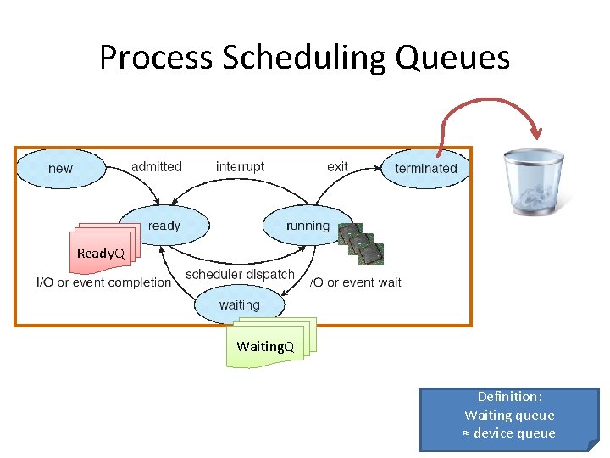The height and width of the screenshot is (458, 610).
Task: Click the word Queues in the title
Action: (x=457, y=58)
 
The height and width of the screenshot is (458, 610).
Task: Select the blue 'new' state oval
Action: (x=60, y=168)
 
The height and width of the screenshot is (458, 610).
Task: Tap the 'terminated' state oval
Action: (x=425, y=168)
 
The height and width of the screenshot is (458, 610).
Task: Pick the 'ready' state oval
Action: (x=164, y=226)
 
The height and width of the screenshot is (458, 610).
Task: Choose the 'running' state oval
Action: (x=307, y=226)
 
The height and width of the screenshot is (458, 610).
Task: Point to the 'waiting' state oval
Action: (x=240, y=304)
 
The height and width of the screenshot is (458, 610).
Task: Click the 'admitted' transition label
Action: (x=157, y=166)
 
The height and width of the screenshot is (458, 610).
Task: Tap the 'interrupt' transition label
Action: (x=240, y=166)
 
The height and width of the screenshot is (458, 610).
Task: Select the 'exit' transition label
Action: (x=337, y=166)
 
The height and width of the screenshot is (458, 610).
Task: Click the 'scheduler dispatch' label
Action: (x=240, y=274)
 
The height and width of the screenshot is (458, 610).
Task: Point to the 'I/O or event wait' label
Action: (x=354, y=282)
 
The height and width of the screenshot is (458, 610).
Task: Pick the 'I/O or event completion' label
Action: (x=103, y=282)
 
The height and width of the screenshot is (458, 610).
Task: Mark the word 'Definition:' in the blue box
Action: (x=509, y=397)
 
